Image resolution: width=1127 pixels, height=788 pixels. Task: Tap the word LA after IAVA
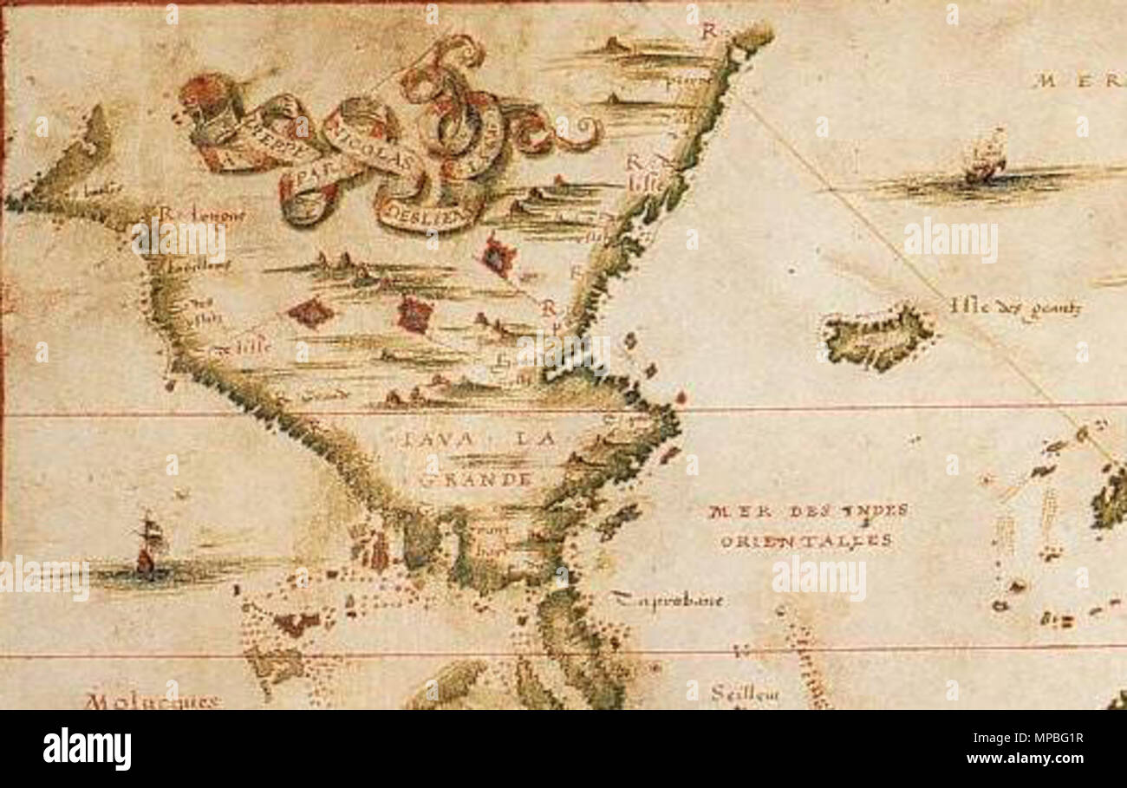[535, 440]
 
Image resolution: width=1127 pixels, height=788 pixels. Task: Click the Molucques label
[153, 701]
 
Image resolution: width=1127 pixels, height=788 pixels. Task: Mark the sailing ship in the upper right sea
[986, 158]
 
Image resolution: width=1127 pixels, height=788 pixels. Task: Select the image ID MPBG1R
[1026, 738]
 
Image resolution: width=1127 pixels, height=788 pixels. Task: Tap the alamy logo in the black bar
[87, 748]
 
